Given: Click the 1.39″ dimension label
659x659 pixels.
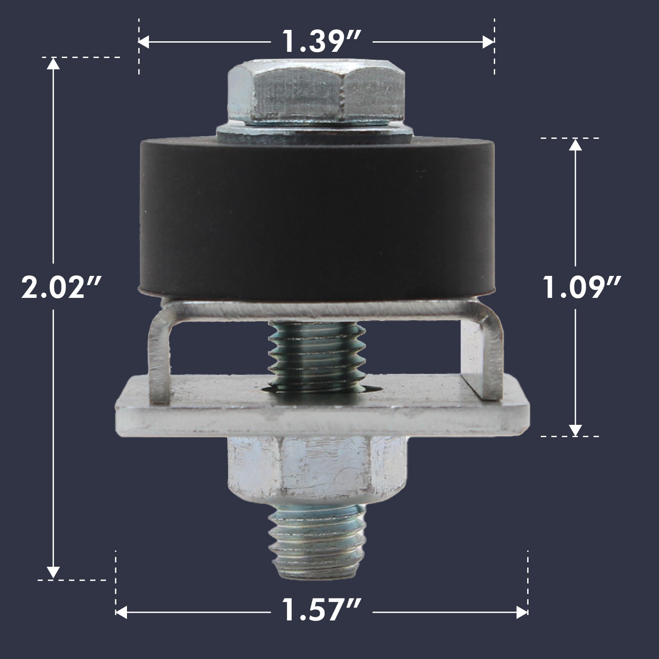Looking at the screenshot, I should pos(321,42).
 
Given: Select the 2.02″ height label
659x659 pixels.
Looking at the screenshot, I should pos(62,288).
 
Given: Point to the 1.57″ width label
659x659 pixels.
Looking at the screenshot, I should pos(321,611).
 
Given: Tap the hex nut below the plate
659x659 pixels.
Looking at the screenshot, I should pos(315,470).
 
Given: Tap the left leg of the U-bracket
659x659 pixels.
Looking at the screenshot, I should pos(159,356).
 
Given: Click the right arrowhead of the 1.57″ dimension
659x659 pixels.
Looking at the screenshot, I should pos(522,612).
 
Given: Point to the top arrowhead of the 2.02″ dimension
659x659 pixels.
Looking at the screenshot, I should pos(53,64).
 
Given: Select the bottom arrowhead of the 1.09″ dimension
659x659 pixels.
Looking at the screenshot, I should pos(575,430).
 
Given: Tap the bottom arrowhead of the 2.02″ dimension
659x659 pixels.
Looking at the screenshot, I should pos(53,572).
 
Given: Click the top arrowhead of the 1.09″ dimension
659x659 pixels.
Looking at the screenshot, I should pos(575,145).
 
